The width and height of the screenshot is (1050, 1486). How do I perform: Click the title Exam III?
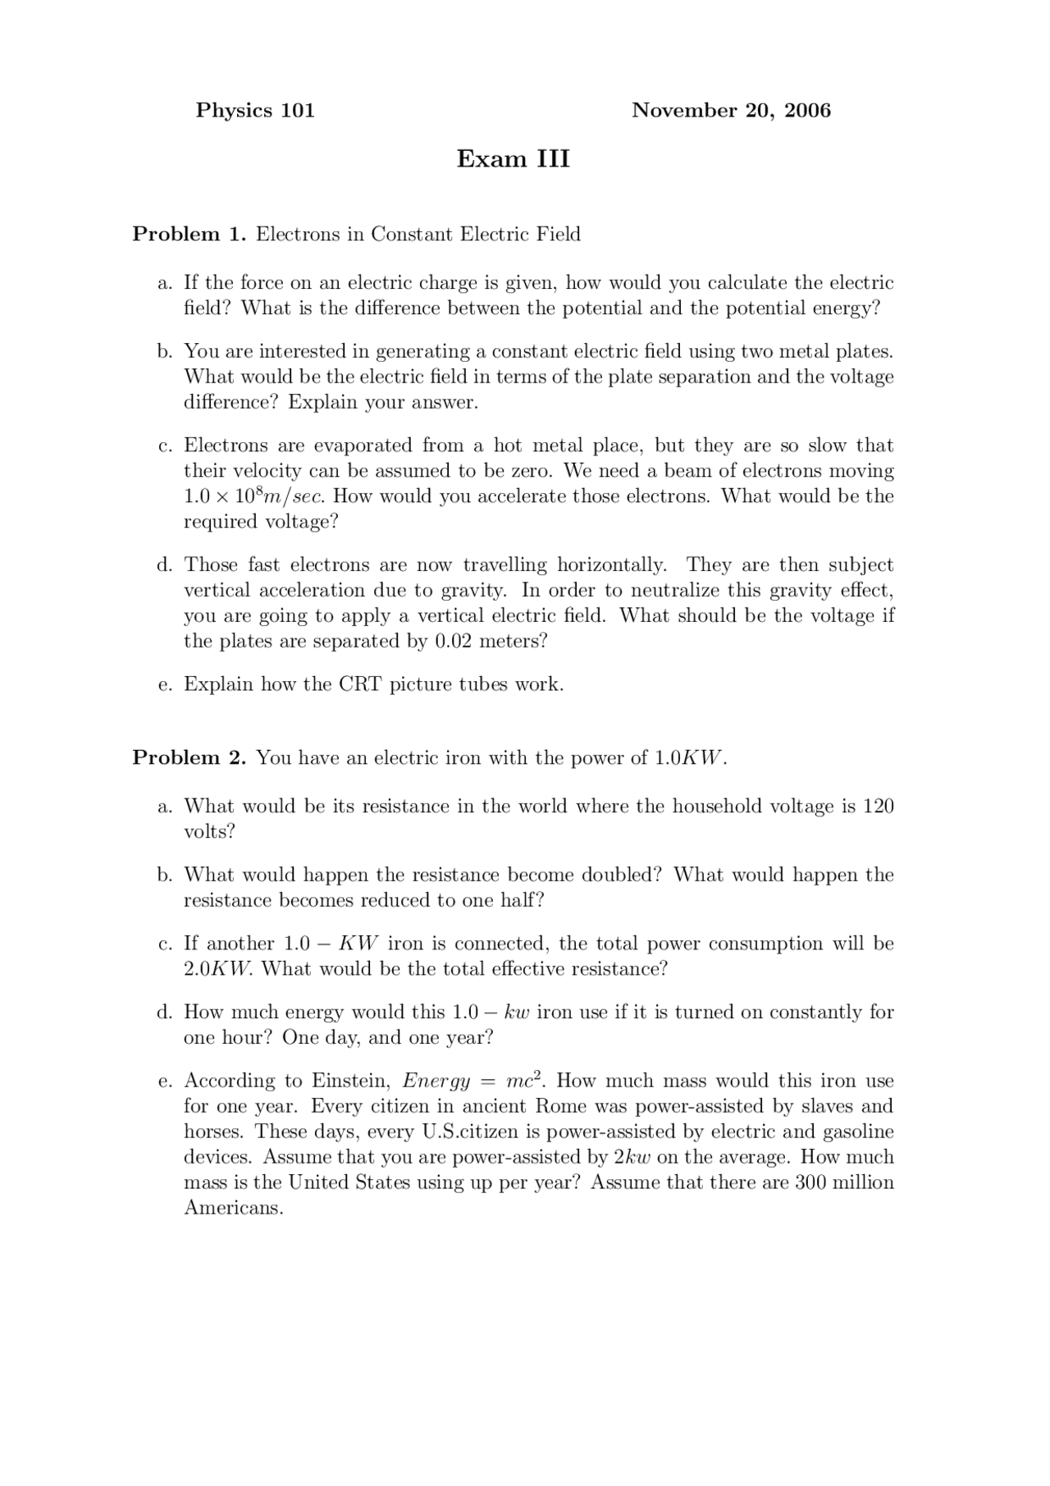(x=513, y=158)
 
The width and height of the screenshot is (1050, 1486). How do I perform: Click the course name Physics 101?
(x=255, y=111)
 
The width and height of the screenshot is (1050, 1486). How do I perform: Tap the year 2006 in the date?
(x=807, y=111)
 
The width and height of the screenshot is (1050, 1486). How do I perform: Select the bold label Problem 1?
(x=189, y=235)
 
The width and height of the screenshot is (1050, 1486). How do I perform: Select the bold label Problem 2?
(x=189, y=757)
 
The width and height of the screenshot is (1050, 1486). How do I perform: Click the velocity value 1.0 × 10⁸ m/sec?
(x=254, y=496)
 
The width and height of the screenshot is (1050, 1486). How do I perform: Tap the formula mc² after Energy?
(x=527, y=1081)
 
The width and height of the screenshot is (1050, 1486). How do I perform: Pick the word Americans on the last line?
(x=233, y=1208)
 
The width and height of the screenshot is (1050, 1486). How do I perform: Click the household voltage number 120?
(x=878, y=806)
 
